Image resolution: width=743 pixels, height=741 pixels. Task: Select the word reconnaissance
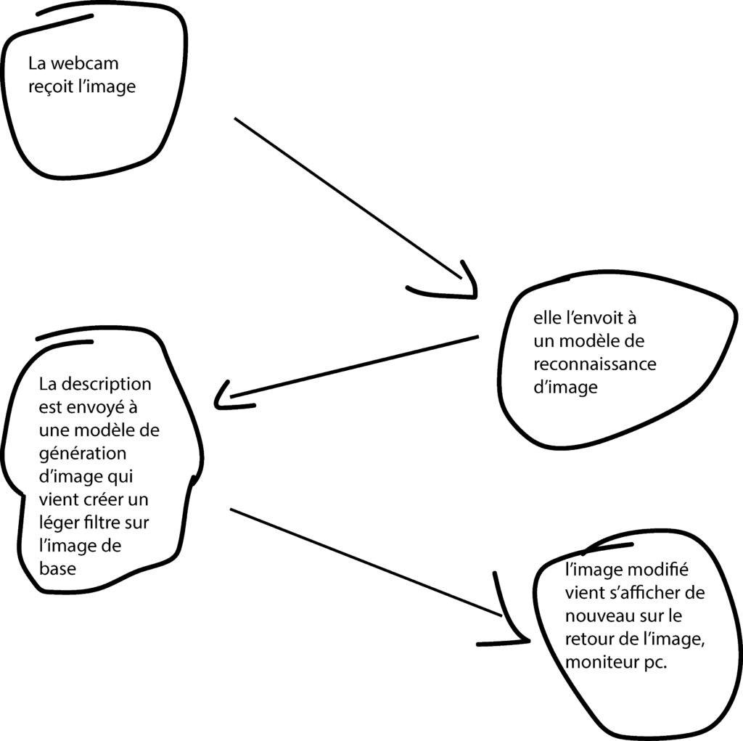[594, 364]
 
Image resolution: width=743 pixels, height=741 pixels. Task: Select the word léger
[57, 523]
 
